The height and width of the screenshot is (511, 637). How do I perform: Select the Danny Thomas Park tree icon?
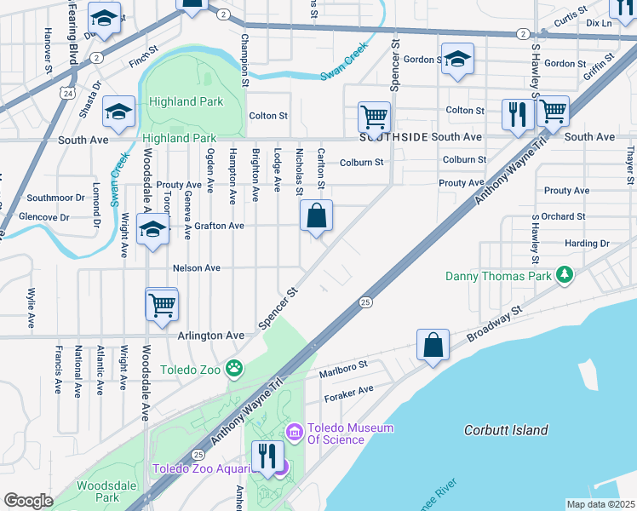(563, 275)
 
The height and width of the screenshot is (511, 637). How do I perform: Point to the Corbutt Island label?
(506, 430)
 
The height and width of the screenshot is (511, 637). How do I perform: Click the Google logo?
(28, 500)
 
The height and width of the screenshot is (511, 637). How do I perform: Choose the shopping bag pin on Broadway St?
(433, 345)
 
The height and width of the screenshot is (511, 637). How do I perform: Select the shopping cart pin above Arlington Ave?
(162, 304)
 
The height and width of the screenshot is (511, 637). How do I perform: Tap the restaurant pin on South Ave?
(518, 113)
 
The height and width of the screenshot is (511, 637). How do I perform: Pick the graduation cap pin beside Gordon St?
(457, 59)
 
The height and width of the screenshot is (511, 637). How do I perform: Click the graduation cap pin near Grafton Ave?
(152, 229)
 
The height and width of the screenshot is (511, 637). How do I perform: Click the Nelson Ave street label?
(197, 267)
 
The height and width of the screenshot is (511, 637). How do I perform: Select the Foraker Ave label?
(349, 389)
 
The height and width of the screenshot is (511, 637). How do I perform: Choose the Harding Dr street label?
(587, 243)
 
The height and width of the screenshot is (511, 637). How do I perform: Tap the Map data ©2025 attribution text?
(600, 503)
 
